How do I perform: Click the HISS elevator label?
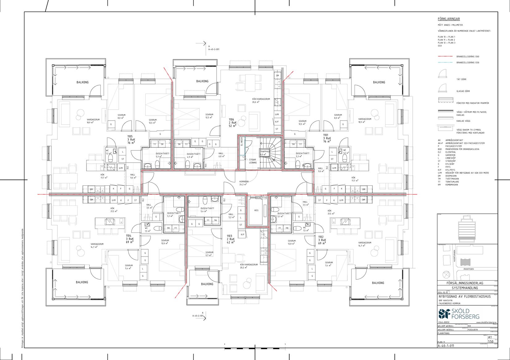(256, 210)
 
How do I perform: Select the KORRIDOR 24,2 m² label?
(244, 183)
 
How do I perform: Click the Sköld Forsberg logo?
(459, 314)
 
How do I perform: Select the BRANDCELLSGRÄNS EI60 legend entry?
(468, 57)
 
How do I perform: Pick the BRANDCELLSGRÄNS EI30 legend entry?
(468, 63)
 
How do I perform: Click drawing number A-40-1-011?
(446, 346)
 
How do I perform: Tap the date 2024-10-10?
(443, 292)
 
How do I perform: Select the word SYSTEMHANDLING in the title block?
(465, 288)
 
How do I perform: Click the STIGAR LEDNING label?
(253, 161)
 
